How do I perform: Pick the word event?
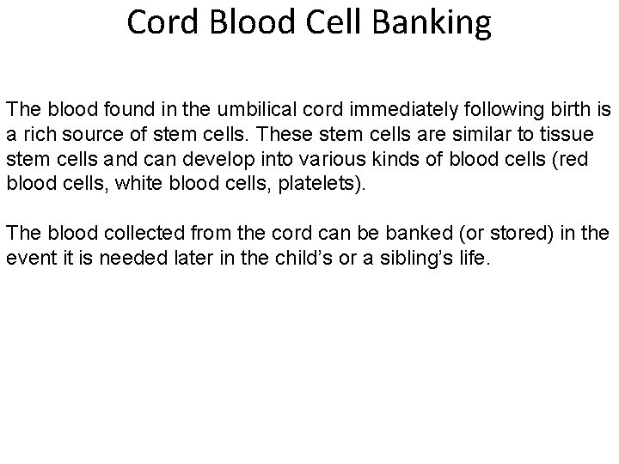point(28,258)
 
